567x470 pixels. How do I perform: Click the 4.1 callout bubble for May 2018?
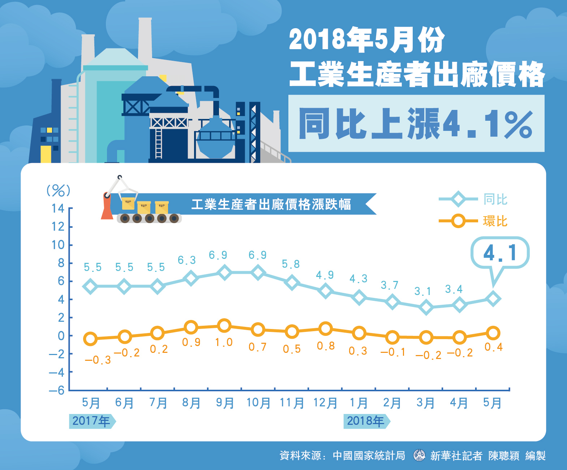click(x=500, y=253)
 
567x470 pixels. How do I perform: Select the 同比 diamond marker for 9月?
click(x=224, y=272)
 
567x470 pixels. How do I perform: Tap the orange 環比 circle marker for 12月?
click(x=326, y=329)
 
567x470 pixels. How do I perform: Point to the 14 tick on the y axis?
click(x=58, y=208)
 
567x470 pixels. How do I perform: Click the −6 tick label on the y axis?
click(x=57, y=390)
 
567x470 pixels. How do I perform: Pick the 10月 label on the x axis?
click(x=258, y=403)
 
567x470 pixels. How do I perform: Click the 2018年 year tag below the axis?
click(x=366, y=421)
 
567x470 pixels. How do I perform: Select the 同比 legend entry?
click(x=473, y=199)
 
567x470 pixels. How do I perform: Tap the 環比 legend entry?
click(x=473, y=221)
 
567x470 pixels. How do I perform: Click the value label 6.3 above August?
click(x=187, y=260)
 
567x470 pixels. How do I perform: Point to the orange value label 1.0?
click(x=224, y=342)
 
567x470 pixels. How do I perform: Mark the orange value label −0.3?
click(x=98, y=360)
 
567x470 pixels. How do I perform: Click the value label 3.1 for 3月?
click(x=422, y=291)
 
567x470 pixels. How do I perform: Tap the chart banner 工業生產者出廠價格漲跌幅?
click(x=271, y=204)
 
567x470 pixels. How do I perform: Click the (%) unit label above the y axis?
click(x=59, y=190)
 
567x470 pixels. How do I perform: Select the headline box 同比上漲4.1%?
click(x=416, y=124)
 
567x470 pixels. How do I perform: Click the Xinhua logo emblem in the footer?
click(x=419, y=455)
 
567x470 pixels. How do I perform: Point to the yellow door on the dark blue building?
click(x=46, y=154)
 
